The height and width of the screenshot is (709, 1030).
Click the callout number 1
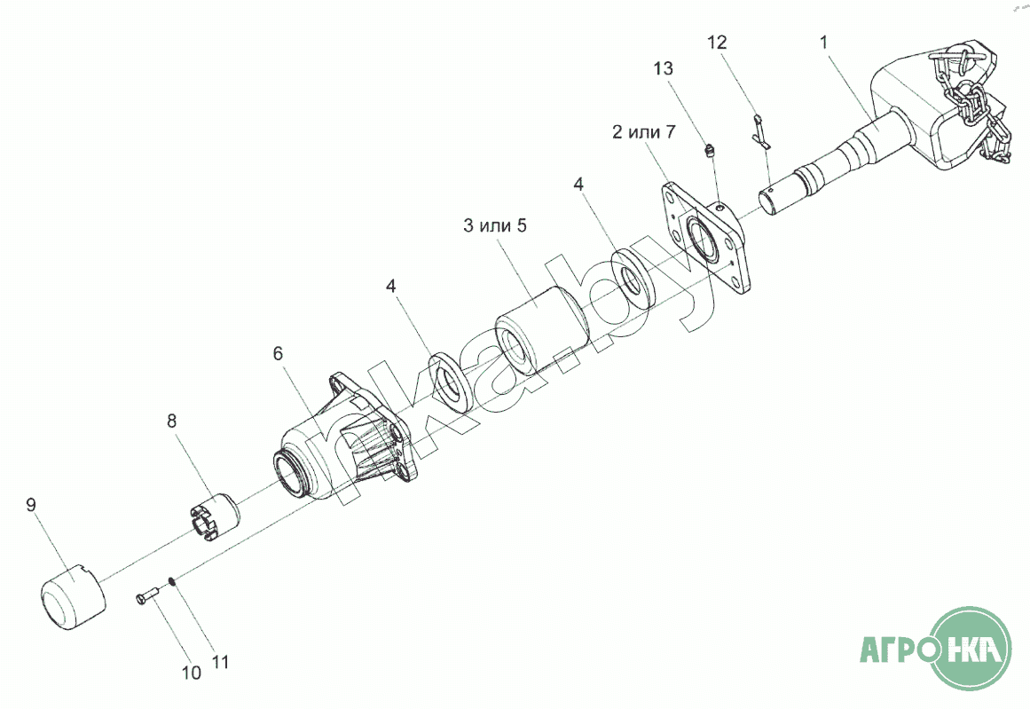click(824, 41)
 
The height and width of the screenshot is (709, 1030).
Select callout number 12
click(717, 42)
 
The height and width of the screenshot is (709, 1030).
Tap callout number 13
click(664, 68)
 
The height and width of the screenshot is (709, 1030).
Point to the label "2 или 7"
click(644, 133)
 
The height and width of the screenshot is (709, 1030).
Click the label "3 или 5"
click(495, 225)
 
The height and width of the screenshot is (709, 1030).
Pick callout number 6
click(278, 353)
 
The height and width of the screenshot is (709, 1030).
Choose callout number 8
click(172, 421)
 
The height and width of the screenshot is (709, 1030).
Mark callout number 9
click(31, 505)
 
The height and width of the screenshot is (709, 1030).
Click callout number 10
click(191, 673)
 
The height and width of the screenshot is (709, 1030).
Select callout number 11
click(220, 661)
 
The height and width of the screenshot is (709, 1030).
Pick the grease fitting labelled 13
click(709, 153)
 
